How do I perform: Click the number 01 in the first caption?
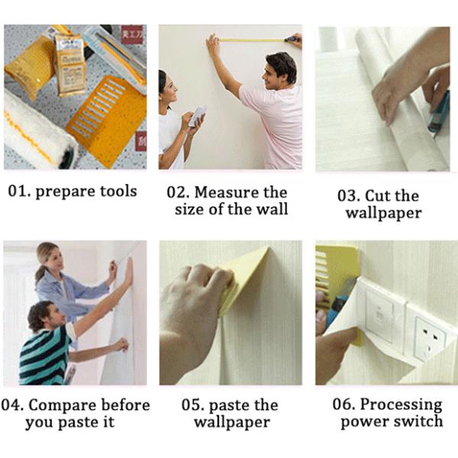pyautogui.click(x=18, y=191)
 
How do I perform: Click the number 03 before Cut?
pyautogui.click(x=348, y=195)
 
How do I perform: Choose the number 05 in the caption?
pyautogui.click(x=192, y=405)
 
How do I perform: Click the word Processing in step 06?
pyautogui.click(x=401, y=405)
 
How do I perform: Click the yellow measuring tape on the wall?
pyautogui.click(x=252, y=40)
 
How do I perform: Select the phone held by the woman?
pyautogui.click(x=198, y=116)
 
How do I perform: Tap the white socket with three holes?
pyautogui.click(x=429, y=340)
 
